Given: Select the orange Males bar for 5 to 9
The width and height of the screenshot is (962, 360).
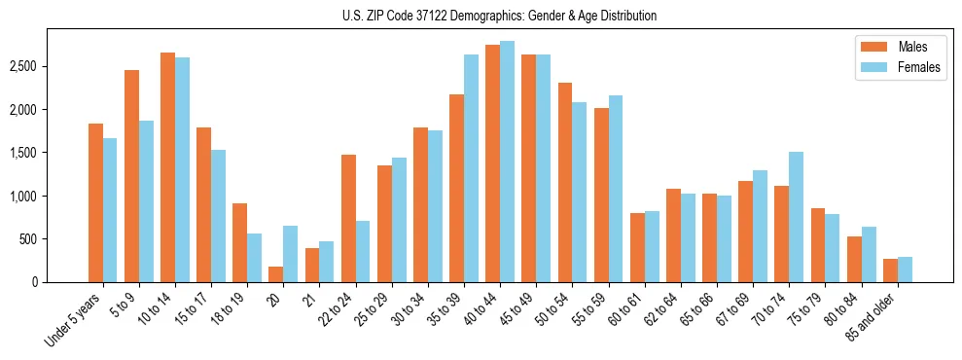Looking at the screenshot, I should coord(132,175).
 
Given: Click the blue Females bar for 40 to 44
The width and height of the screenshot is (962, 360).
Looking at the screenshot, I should coord(508,162).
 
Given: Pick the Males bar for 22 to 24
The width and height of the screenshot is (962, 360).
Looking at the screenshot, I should coord(348,218).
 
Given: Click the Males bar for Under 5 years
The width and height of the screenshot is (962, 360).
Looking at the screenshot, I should coord(95,202).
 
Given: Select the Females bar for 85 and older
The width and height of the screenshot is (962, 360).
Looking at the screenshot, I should coord(905,270).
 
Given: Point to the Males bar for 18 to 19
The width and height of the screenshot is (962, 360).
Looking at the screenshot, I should coord(240,242).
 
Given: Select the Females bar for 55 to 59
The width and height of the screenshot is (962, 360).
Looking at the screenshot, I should coord(616,189).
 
